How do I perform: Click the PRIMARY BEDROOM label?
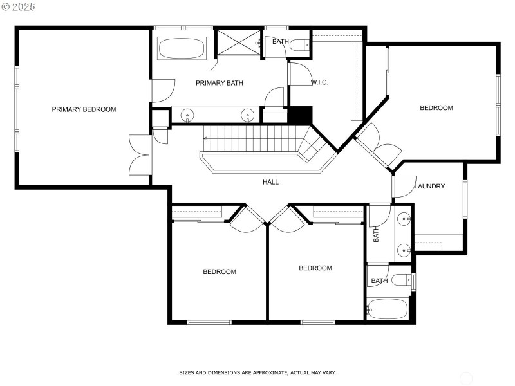[84, 109]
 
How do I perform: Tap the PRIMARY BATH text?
[219, 83]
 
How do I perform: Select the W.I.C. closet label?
[320, 82]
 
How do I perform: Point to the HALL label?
[270, 182]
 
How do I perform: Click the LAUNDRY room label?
[429, 187]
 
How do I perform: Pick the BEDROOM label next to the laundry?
[436, 108]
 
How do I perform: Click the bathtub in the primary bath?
[181, 48]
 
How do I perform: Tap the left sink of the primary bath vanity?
[187, 115]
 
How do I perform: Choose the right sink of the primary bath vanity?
[247, 115]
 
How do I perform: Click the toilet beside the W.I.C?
[298, 45]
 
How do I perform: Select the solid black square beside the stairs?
[299, 115]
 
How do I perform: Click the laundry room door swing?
[402, 186]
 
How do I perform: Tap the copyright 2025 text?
[19, 6]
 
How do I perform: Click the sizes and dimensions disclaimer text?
[257, 372]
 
